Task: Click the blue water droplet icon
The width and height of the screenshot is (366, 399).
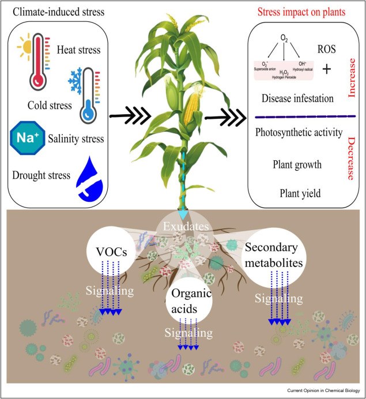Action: pyautogui.click(x=93, y=173)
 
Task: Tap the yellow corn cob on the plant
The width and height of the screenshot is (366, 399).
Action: pyautogui.click(x=191, y=107)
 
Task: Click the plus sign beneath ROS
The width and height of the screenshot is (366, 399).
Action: pyautogui.click(x=327, y=70)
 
